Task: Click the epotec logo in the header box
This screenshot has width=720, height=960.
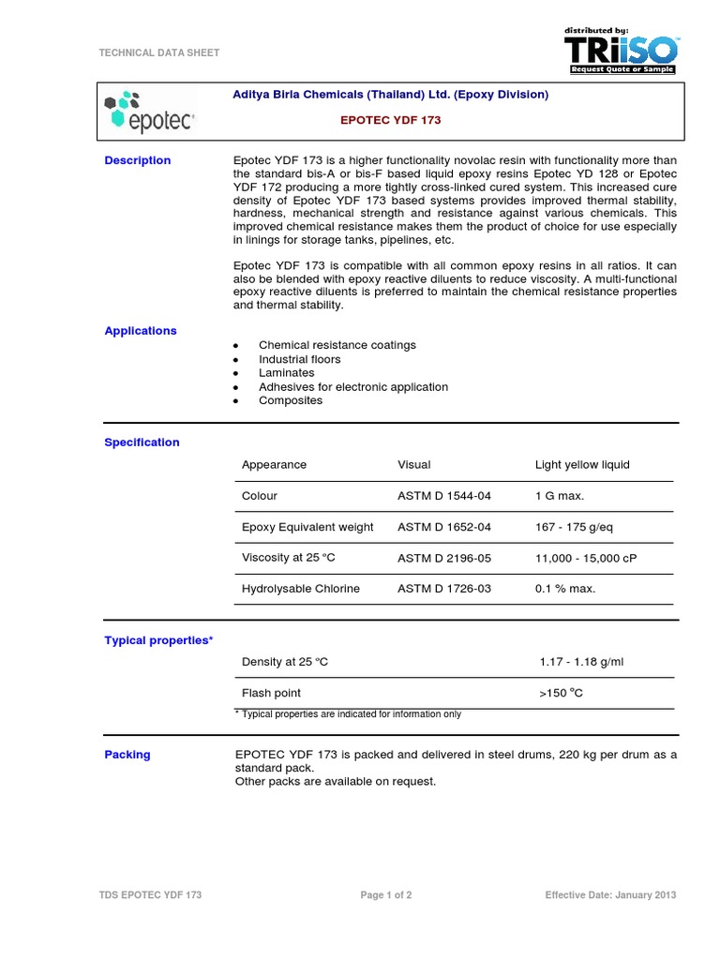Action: point(150,112)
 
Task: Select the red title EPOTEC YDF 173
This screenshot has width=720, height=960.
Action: point(389,121)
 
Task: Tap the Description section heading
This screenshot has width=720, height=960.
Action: point(138,160)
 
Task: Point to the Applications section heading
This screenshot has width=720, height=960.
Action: point(141,331)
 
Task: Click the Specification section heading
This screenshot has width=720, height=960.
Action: point(142,442)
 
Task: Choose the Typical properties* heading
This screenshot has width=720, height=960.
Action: point(158,640)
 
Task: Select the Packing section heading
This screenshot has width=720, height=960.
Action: point(127,755)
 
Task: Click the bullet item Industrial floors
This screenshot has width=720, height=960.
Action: point(300,359)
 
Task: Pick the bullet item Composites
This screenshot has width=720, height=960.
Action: point(291,400)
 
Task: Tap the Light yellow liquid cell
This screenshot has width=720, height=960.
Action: point(582,465)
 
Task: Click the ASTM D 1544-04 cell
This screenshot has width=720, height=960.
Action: point(444,496)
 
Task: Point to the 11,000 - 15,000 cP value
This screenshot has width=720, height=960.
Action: point(586,558)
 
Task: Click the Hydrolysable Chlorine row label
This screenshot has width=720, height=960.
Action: point(301,589)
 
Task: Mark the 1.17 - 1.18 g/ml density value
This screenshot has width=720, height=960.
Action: point(581,662)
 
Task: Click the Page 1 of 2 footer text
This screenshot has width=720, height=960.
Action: point(386,895)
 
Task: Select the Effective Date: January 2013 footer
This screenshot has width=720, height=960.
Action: point(610,895)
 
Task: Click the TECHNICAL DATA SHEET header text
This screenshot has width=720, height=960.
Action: point(159,53)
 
